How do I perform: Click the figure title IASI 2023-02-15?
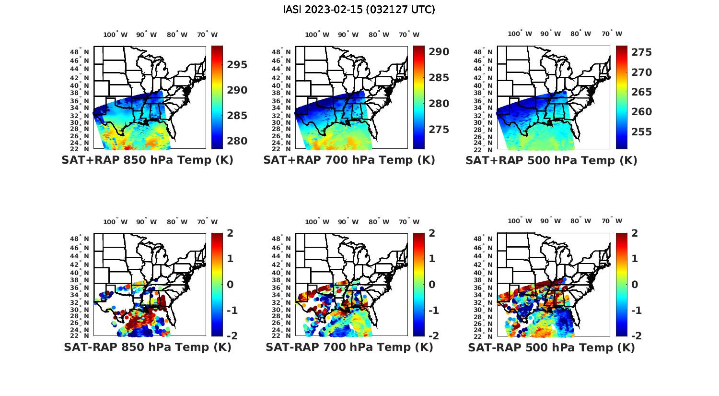pyautogui.click(x=359, y=10)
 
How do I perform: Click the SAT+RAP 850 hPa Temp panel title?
pyautogui.click(x=147, y=160)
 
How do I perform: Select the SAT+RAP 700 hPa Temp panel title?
pyautogui.click(x=349, y=160)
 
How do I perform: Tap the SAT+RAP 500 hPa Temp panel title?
pyautogui.click(x=551, y=160)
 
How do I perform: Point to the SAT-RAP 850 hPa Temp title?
pyautogui.click(x=147, y=347)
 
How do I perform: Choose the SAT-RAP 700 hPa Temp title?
pyautogui.click(x=349, y=347)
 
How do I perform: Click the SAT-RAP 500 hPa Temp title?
pyautogui.click(x=551, y=348)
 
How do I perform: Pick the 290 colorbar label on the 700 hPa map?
pyautogui.click(x=439, y=52)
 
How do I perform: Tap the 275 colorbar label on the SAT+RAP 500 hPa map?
pyautogui.click(x=641, y=52)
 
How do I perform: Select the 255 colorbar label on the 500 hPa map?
pyautogui.click(x=641, y=132)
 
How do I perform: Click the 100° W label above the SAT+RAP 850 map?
pyautogui.click(x=116, y=35)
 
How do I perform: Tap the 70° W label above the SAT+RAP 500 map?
pyautogui.click(x=612, y=34)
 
